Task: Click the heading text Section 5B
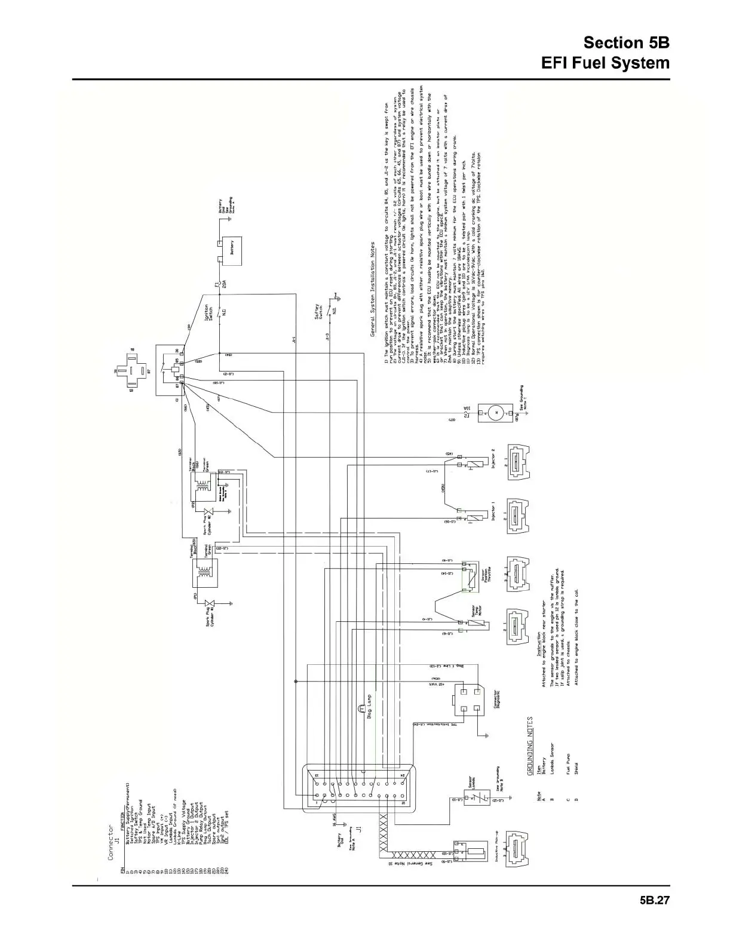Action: (x=626, y=43)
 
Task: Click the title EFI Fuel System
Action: (x=605, y=63)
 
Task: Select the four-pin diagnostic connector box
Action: (x=468, y=699)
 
